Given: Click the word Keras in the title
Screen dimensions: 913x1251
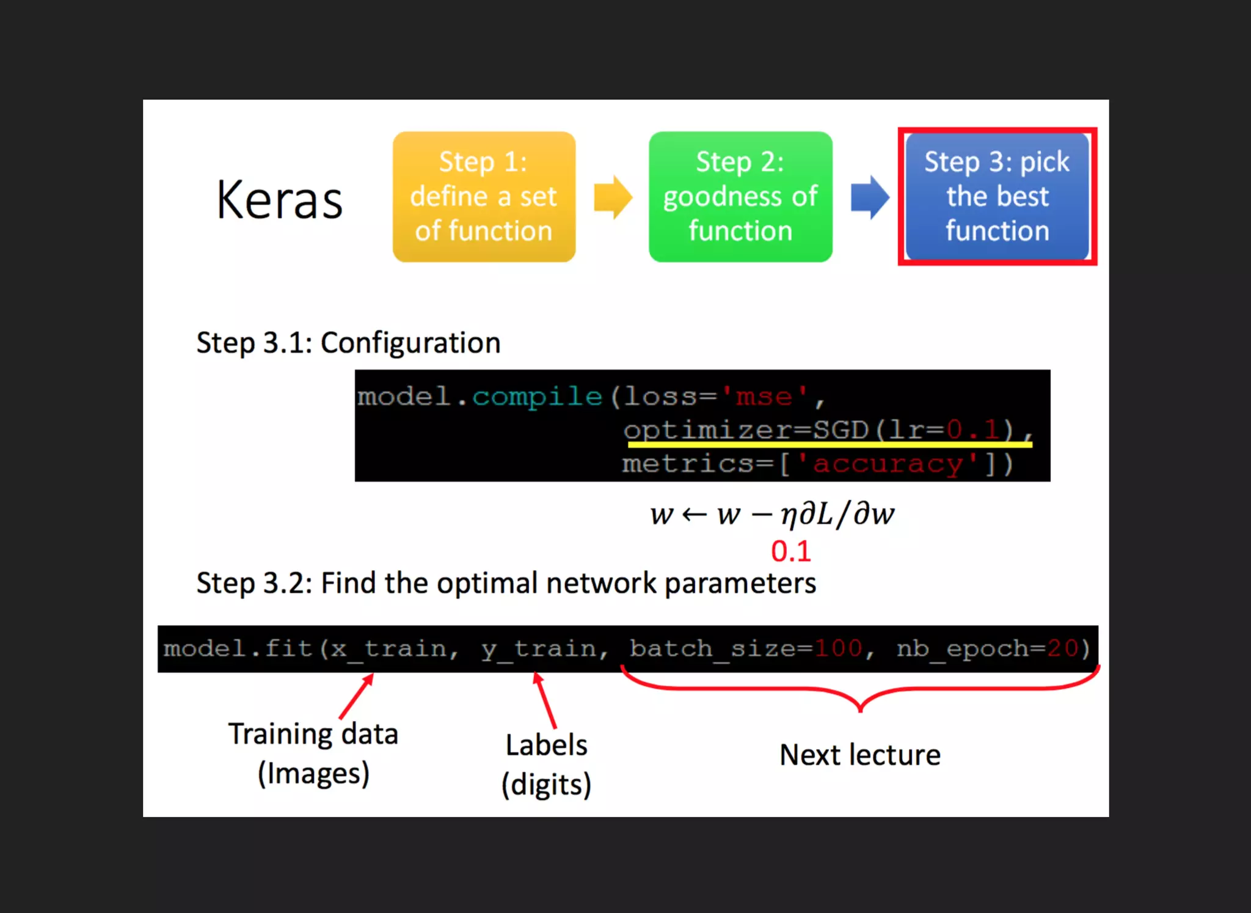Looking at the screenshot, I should click(279, 200).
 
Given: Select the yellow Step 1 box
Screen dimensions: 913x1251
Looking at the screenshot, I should click(484, 197).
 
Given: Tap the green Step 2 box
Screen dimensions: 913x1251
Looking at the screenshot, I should click(740, 197).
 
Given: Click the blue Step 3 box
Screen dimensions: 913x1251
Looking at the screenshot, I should click(997, 197).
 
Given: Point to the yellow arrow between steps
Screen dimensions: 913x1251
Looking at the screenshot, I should click(613, 197).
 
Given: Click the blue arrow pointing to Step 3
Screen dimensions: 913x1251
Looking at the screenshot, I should click(870, 197).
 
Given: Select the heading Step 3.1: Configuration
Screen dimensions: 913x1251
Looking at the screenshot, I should click(348, 342).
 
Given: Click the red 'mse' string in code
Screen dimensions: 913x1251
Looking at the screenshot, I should click(764, 397).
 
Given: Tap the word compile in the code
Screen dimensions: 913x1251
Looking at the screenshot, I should click(537, 397).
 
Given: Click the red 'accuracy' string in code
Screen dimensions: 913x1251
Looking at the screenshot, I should click(888, 464).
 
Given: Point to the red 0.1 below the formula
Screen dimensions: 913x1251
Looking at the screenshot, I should click(791, 551).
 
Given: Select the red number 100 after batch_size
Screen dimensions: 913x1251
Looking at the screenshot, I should click(838, 648).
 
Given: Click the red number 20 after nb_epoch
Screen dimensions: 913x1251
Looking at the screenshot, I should click(1062, 648).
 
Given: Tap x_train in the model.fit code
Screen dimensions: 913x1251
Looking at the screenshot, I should click(388, 648).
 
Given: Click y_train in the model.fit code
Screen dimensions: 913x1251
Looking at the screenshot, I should click(539, 648).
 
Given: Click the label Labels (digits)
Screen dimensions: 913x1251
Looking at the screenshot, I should click(546, 765).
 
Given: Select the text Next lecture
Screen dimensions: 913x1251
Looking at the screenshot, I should click(860, 755).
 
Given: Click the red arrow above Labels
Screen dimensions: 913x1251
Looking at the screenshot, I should click(545, 699).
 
